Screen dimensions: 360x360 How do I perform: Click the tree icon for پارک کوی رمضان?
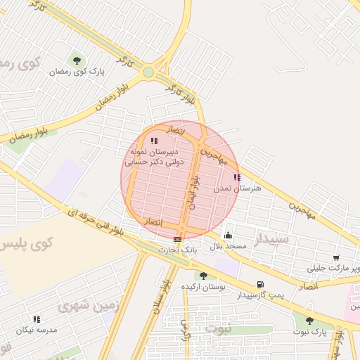pos(77,60)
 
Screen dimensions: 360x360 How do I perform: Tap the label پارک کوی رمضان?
pos(77,72)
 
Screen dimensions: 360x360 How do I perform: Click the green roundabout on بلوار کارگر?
pos(148,72)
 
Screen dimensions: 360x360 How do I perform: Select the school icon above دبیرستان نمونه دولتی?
pos(154,141)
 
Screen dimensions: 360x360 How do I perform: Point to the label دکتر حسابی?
pos(143,161)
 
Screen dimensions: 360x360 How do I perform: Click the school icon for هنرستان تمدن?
pos(236,177)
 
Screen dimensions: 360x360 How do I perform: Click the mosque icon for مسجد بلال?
pos(227,236)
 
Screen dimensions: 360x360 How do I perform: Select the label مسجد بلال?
pos(226,247)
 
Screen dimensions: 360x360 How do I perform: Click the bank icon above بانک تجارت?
pos(177,240)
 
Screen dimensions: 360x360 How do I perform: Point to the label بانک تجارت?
pos(176,250)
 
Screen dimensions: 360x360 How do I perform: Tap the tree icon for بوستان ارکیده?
pos(203,276)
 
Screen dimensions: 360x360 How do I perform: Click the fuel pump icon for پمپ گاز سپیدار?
pos(261,285)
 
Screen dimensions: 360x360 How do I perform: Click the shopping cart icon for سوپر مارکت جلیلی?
pos(336,258)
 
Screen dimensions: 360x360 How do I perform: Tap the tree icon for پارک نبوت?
pos(309,321)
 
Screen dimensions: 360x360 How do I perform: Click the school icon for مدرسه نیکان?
pos(37,319)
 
